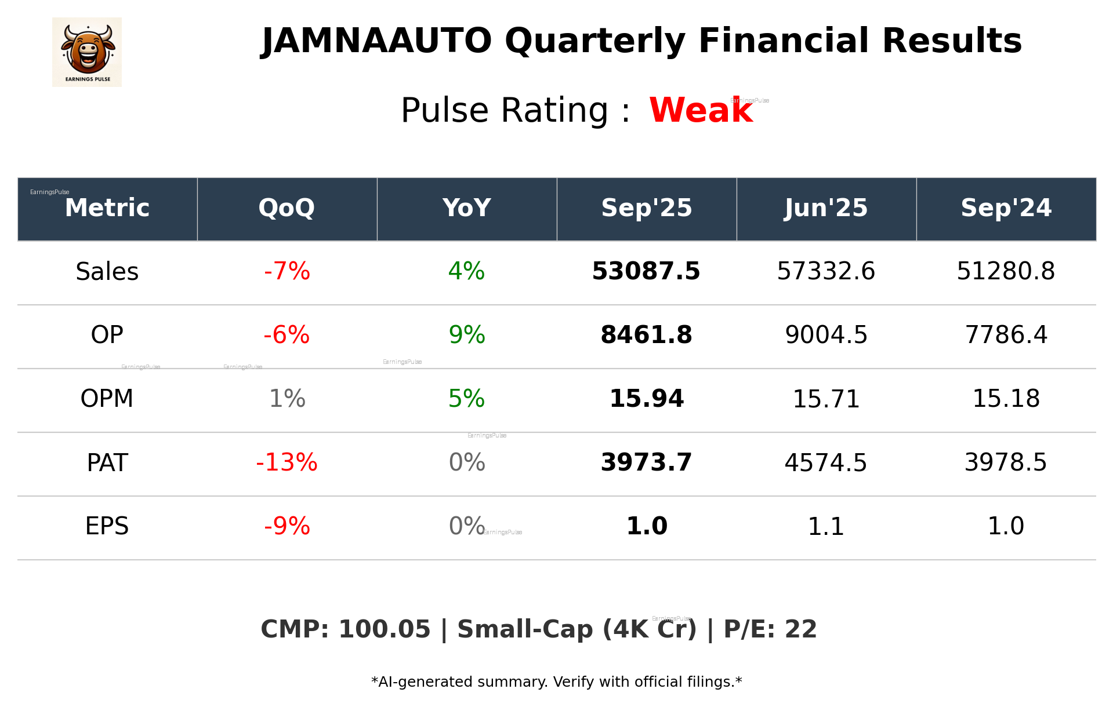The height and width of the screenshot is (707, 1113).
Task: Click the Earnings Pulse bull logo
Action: (87, 52)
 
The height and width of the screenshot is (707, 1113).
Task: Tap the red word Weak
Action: (701, 110)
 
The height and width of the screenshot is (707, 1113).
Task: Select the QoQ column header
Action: (287, 208)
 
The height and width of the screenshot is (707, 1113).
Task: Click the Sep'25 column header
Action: (646, 208)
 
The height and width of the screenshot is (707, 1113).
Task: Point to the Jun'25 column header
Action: (826, 208)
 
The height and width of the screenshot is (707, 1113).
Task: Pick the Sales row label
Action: (107, 272)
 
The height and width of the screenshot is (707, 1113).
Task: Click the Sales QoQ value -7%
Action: (287, 272)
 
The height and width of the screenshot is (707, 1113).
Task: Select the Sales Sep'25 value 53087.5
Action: (646, 272)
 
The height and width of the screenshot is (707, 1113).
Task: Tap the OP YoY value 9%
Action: (466, 335)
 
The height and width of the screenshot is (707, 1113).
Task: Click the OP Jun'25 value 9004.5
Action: (826, 335)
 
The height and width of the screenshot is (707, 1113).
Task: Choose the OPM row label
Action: (107, 399)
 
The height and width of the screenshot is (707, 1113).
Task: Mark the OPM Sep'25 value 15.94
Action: (646, 399)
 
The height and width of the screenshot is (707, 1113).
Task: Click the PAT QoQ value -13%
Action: (287, 462)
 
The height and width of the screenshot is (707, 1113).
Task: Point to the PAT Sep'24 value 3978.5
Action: (1006, 462)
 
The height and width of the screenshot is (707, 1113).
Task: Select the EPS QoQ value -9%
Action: (287, 526)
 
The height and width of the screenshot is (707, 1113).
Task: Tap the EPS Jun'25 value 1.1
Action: (826, 526)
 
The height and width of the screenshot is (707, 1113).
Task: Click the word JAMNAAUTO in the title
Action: (376, 41)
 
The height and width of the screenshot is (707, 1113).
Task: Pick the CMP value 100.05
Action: (384, 630)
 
